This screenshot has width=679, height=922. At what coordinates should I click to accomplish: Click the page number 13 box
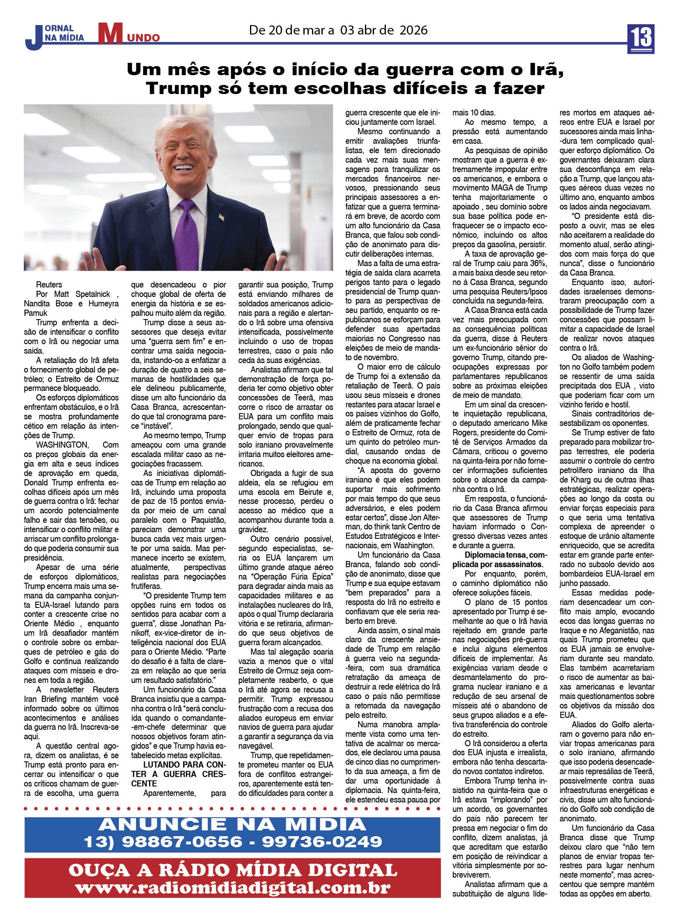coord(640,39)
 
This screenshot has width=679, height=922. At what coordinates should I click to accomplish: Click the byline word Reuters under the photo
coord(49,285)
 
